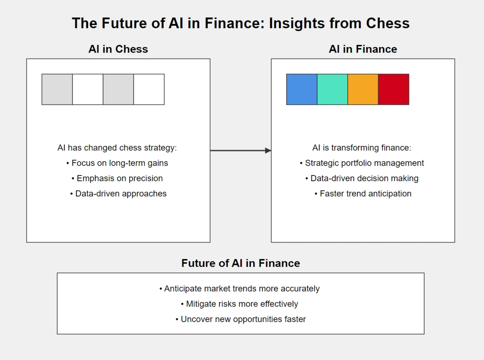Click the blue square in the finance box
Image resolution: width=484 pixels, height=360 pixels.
tap(302, 89)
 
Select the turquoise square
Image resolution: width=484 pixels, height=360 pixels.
tap(332, 89)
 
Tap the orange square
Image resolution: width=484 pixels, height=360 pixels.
tap(363, 89)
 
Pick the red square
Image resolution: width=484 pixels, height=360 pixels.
tap(393, 89)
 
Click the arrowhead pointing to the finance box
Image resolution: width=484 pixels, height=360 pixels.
tap(268, 150)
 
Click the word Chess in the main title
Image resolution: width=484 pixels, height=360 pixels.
tap(388, 23)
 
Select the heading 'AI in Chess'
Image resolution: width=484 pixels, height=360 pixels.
tap(118, 49)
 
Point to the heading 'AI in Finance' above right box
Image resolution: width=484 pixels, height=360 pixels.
tap(363, 49)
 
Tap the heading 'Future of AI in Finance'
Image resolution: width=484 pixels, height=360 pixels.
tap(240, 263)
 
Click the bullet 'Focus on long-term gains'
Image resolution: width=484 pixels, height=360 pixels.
tap(117, 163)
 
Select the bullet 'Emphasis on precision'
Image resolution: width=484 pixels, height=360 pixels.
tap(117, 178)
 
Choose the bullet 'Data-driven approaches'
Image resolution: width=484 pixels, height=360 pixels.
tap(118, 194)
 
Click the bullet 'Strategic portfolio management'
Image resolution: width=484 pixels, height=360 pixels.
tap(362, 163)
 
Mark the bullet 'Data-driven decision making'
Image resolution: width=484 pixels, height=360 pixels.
tap(362, 178)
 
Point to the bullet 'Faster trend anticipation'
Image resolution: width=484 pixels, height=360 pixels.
tap(363, 194)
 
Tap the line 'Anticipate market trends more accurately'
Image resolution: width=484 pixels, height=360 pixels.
tap(240, 288)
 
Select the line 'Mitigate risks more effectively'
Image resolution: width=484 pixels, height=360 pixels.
tap(240, 304)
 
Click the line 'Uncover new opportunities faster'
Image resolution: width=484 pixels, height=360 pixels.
tap(241, 319)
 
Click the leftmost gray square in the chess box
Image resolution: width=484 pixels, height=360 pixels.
tap(57, 89)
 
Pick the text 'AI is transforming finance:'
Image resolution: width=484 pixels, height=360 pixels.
tap(362, 148)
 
